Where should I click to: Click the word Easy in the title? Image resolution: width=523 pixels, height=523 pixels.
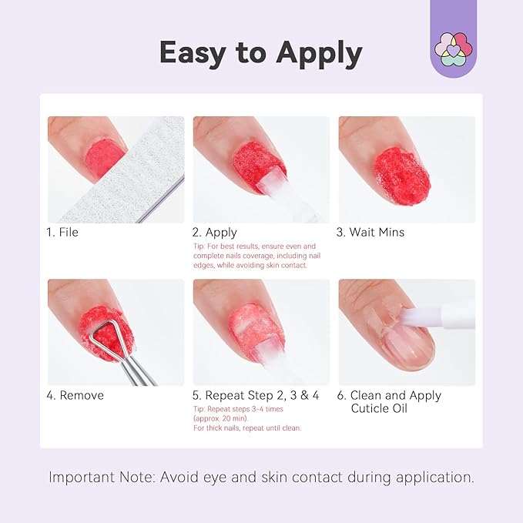(x=198, y=52)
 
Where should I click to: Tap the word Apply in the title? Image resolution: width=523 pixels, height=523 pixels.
(x=316, y=54)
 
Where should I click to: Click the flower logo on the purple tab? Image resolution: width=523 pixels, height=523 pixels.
(x=454, y=47)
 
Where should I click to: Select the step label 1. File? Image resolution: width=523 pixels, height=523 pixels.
(x=63, y=232)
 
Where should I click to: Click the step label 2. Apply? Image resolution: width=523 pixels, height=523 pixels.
(x=215, y=232)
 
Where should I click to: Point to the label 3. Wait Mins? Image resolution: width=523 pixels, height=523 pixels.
(x=371, y=232)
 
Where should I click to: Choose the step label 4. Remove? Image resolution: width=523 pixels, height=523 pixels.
(x=75, y=395)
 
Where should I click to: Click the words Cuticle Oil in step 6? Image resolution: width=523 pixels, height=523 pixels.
(x=379, y=408)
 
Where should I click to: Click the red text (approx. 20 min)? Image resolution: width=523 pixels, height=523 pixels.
(x=220, y=418)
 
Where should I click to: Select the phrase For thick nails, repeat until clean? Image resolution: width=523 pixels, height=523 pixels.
(x=246, y=427)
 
